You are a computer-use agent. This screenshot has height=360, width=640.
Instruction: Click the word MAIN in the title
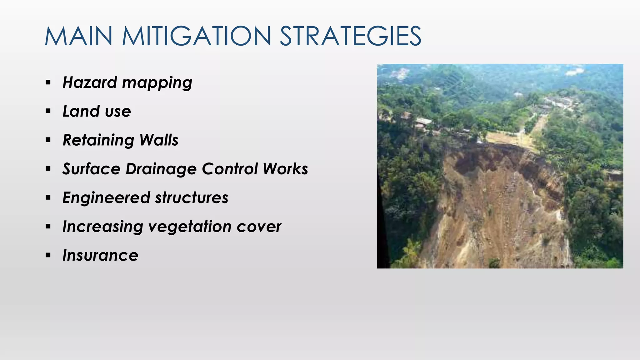(78, 36)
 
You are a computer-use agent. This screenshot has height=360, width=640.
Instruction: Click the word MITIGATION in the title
(196, 36)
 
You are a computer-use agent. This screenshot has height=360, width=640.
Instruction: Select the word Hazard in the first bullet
(90, 83)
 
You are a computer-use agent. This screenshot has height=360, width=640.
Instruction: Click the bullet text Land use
(97, 112)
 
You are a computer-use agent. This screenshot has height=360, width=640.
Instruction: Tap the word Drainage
(161, 169)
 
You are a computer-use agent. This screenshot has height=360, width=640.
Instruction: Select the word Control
(230, 169)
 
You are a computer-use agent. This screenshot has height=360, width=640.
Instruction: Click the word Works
(285, 169)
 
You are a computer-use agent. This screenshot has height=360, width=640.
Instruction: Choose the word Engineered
(106, 198)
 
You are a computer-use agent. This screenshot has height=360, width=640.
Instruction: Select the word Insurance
(100, 256)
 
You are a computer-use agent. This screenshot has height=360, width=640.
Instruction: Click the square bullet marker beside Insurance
(48, 255)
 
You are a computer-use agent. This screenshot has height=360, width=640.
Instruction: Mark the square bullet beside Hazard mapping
(48, 82)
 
